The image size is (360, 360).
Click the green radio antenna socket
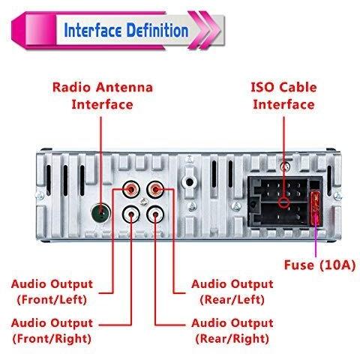[x=100, y=212]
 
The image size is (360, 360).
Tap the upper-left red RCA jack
[x=131, y=189]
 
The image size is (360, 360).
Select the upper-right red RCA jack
[x=155, y=189]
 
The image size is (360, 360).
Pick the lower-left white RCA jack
[x=131, y=214]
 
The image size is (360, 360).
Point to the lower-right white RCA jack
[x=155, y=214]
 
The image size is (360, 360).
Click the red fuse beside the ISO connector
[x=316, y=208]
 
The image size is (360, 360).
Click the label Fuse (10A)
[x=319, y=265]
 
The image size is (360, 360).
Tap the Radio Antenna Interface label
[x=103, y=96]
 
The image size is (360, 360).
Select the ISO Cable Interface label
[x=283, y=96]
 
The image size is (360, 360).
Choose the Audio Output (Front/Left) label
[x=52, y=292]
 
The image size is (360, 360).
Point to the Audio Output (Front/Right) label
[x=52, y=331]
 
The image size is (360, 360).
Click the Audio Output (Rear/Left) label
[x=232, y=292]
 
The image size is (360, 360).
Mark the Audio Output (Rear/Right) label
[x=232, y=331]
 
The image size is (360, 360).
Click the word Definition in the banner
[x=157, y=30]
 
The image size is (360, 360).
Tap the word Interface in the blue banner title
[x=93, y=30]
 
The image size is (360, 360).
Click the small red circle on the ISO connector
[x=284, y=202]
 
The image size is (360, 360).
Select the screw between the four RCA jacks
[x=143, y=202]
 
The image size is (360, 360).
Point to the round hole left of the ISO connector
[x=189, y=182]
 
